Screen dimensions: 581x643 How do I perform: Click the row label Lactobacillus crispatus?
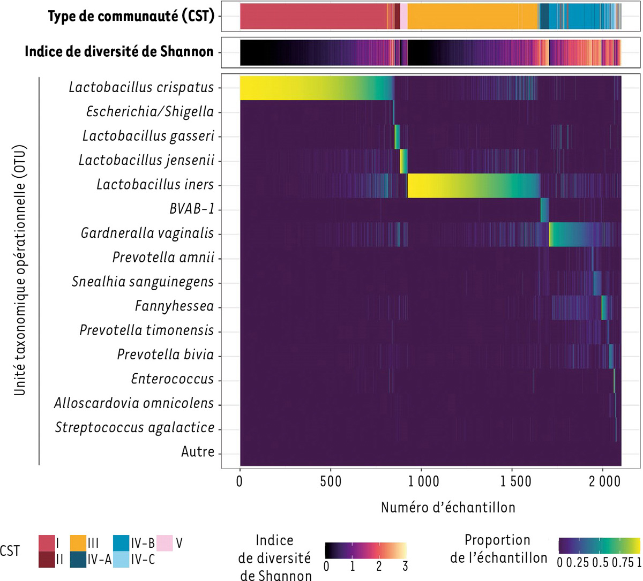tap(141, 87)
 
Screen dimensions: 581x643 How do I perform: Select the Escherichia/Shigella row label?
tap(150, 112)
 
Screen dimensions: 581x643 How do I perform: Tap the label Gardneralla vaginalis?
tap(147, 233)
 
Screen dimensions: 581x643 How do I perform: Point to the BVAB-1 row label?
tap(192, 209)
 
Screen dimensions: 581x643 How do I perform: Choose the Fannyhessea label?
tap(174, 306)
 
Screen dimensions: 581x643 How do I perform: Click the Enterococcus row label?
tap(173, 379)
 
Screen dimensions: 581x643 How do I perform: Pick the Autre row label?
tap(198, 452)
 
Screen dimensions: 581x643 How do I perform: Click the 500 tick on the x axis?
tap(331, 481)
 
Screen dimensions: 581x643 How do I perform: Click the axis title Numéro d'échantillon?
tap(448, 507)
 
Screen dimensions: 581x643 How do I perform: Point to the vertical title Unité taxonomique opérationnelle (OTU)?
tap(20, 270)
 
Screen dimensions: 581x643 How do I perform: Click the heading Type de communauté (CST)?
tap(131, 16)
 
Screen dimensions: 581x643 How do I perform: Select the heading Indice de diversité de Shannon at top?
tap(119, 52)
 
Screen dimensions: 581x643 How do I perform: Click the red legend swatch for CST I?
tap(47, 543)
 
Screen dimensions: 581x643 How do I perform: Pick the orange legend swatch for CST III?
tap(79, 543)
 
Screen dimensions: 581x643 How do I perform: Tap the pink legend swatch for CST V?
tap(164, 543)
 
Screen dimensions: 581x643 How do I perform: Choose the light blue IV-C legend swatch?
tap(122, 560)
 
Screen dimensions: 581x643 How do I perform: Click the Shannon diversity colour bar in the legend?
tap(365, 550)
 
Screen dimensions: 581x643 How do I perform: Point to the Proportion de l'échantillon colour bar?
tap(599, 545)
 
